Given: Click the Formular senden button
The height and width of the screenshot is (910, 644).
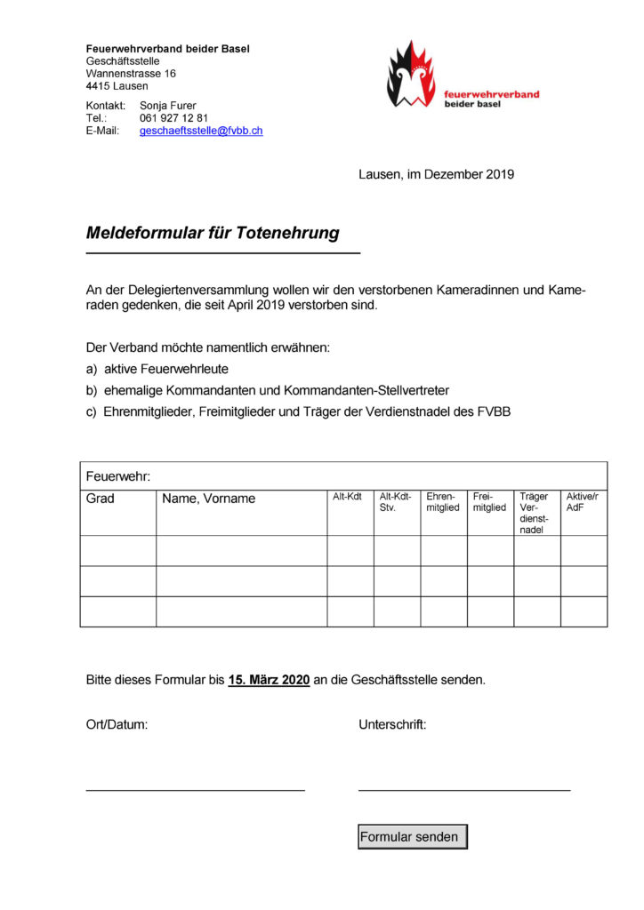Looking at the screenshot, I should tap(412, 836).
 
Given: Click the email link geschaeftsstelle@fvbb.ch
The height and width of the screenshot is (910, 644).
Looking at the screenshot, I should tap(201, 131).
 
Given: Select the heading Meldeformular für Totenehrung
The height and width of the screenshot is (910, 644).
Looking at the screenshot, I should tap(213, 233).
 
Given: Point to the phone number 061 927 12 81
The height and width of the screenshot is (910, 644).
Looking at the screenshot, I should tap(173, 118).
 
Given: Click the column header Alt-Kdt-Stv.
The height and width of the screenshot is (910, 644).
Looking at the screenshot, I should tap(396, 502).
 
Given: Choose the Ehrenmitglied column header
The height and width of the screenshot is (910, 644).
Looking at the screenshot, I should tap(443, 502).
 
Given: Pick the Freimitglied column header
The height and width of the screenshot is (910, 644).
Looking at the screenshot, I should tap(489, 502).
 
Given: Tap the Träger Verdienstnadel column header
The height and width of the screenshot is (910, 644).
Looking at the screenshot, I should tap(535, 513).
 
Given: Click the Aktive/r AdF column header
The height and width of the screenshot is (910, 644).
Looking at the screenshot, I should tap(583, 502).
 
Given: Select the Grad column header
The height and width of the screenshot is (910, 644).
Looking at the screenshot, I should tap(101, 499).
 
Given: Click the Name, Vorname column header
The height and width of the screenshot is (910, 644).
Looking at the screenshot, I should tap(208, 499).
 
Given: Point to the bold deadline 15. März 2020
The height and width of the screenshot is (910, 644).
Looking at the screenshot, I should tap(269, 680).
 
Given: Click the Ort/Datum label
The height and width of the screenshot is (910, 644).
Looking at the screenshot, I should tap(117, 724).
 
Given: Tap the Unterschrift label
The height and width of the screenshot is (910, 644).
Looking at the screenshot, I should tap(392, 724).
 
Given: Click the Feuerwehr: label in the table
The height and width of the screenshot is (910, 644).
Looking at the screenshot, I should tap(118, 476).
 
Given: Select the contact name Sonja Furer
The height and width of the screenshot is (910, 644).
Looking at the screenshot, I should tap(168, 106).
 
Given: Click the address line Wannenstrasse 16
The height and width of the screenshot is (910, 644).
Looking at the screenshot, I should tap(131, 74).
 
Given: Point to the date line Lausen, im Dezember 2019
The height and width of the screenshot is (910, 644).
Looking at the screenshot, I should tap(436, 174).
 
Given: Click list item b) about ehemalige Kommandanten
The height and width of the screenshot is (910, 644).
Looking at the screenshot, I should tap(267, 390).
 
